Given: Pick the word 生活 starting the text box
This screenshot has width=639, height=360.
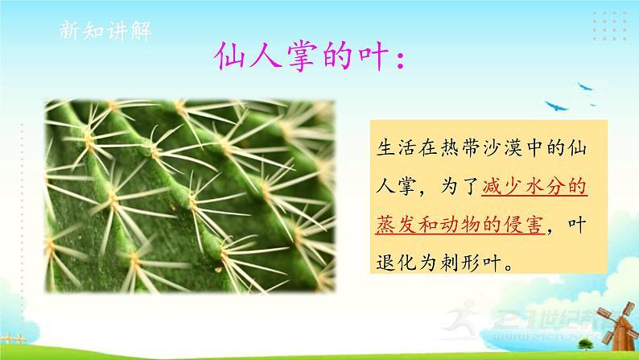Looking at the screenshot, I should point(393,147).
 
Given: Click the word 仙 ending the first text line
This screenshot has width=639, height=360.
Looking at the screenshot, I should point(574,147).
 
